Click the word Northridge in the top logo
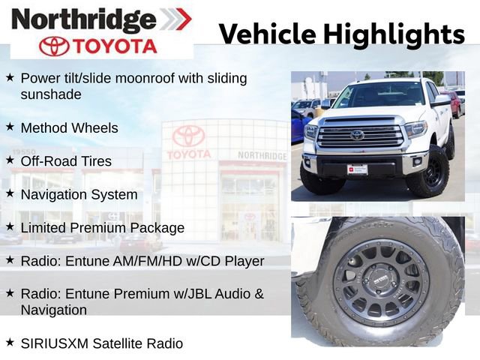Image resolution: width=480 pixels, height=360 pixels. click(x=84, y=20)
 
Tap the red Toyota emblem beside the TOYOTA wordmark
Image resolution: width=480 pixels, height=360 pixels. click(x=54, y=46)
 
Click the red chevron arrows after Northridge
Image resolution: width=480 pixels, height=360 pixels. click(x=176, y=19)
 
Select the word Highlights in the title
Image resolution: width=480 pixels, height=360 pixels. click(x=394, y=34)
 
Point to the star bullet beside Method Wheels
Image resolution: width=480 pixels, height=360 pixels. click(x=10, y=127)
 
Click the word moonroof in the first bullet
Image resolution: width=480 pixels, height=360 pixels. click(x=145, y=78)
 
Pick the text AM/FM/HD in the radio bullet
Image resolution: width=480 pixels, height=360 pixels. click(x=145, y=261)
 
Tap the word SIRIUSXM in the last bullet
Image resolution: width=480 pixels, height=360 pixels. click(x=55, y=343)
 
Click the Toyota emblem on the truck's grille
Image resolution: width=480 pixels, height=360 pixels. click(x=357, y=135)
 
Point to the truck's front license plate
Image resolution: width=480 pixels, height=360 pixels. click(x=357, y=169)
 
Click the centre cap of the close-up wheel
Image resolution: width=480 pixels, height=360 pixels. click(x=380, y=280)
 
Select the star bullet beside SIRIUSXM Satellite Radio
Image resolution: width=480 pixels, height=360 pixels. click(x=10, y=342)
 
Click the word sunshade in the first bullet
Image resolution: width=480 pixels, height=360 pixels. click(x=51, y=94)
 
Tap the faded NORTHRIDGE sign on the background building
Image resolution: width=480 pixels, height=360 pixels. click(x=262, y=155)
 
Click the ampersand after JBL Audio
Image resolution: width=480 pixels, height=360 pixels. click(x=259, y=293)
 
